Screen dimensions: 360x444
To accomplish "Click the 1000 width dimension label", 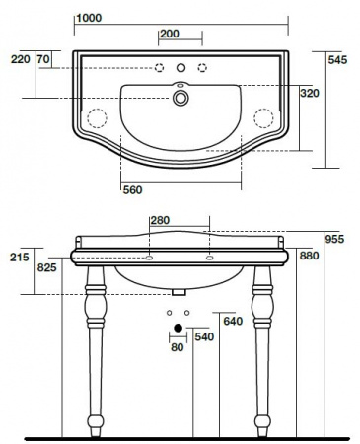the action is [x=89, y=18].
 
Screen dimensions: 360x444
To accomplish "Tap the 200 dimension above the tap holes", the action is [x=170, y=34].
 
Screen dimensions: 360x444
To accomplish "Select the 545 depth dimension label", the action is [x=337, y=60].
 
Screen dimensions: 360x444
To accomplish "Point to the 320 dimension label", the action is [x=310, y=93].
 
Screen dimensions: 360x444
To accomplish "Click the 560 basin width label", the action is [x=132, y=190].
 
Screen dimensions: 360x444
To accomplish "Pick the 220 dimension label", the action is [x=21, y=59].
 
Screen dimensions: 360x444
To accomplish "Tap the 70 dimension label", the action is [x=43, y=59].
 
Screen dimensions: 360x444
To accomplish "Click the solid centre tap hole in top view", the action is [x=180, y=68].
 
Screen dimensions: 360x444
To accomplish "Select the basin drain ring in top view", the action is [x=180, y=98].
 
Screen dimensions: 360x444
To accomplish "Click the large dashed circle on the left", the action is [x=97, y=117].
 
